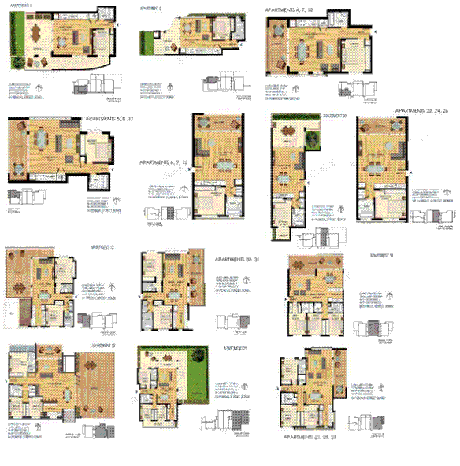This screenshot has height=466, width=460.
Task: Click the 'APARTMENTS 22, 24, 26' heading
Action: [423, 111]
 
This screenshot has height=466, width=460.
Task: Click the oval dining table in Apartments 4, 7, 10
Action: [301, 48]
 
